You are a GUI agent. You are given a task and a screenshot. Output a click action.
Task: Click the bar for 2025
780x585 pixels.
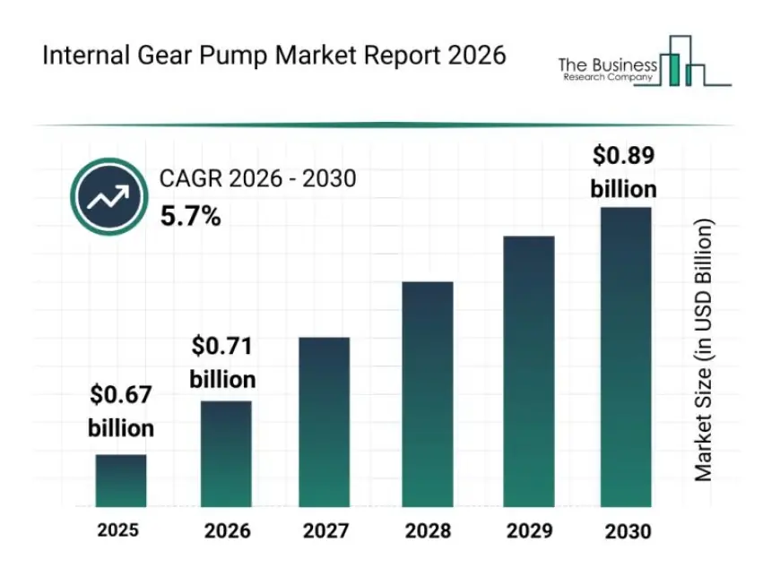[x=121, y=481]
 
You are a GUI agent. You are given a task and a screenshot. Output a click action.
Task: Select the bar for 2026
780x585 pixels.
[x=226, y=454]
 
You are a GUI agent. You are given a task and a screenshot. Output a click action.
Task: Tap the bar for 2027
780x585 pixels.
[x=324, y=423]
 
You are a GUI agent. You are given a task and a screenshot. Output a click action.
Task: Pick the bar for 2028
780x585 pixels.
[x=427, y=395]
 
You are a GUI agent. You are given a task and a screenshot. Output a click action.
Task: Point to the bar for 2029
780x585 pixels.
[x=528, y=372]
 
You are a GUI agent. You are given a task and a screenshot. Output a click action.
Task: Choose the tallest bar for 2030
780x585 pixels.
[x=625, y=357]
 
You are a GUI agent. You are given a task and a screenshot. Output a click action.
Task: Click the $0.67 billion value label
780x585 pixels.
[x=121, y=411]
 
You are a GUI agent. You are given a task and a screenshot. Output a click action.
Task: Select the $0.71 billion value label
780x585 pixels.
[x=222, y=363]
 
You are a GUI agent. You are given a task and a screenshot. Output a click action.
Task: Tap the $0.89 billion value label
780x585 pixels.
[x=624, y=172]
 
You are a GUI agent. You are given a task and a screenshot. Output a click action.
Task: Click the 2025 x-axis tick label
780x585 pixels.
[x=118, y=530]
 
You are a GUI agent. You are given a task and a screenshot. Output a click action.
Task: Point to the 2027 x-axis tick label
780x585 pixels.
[x=325, y=530]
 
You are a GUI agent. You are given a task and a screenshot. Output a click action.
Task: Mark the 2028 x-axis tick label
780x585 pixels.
[x=428, y=530]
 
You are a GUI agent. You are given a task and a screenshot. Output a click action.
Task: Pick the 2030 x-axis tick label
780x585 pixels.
[x=628, y=531]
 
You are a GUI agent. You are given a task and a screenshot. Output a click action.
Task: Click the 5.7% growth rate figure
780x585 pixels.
[x=190, y=216]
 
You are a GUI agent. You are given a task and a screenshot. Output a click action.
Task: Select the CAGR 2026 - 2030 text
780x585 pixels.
[x=257, y=179]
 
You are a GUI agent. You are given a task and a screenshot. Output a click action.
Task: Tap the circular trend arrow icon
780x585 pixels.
[x=108, y=197]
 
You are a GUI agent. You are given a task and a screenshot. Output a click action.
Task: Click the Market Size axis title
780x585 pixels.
[x=704, y=349]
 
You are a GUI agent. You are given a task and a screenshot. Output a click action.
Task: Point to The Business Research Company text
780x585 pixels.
[x=607, y=69]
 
